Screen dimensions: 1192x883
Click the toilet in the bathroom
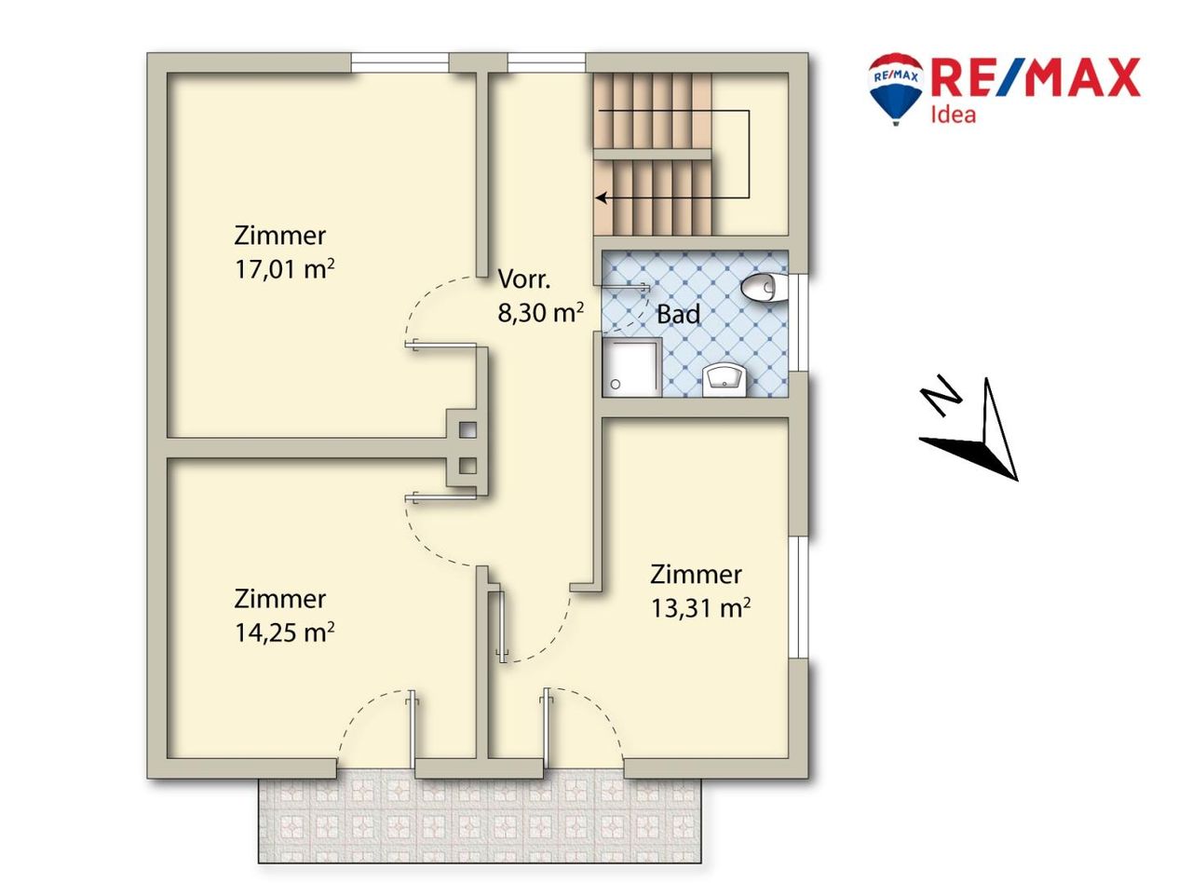[763, 289]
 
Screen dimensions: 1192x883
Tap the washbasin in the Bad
[724, 381]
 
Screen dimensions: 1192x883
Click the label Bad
[678, 314]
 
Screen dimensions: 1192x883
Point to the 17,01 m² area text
[285, 269]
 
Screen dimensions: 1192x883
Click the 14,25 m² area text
[285, 632]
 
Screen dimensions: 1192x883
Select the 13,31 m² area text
[701, 608]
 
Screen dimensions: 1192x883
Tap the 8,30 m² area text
[541, 312]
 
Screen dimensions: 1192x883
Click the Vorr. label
[524, 278]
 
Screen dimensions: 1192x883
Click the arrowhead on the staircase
[602, 197]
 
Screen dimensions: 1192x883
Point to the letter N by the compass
[941, 395]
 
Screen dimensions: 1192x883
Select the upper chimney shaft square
[467, 429]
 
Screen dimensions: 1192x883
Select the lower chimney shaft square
[467, 466]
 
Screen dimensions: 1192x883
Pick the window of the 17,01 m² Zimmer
[400, 62]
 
